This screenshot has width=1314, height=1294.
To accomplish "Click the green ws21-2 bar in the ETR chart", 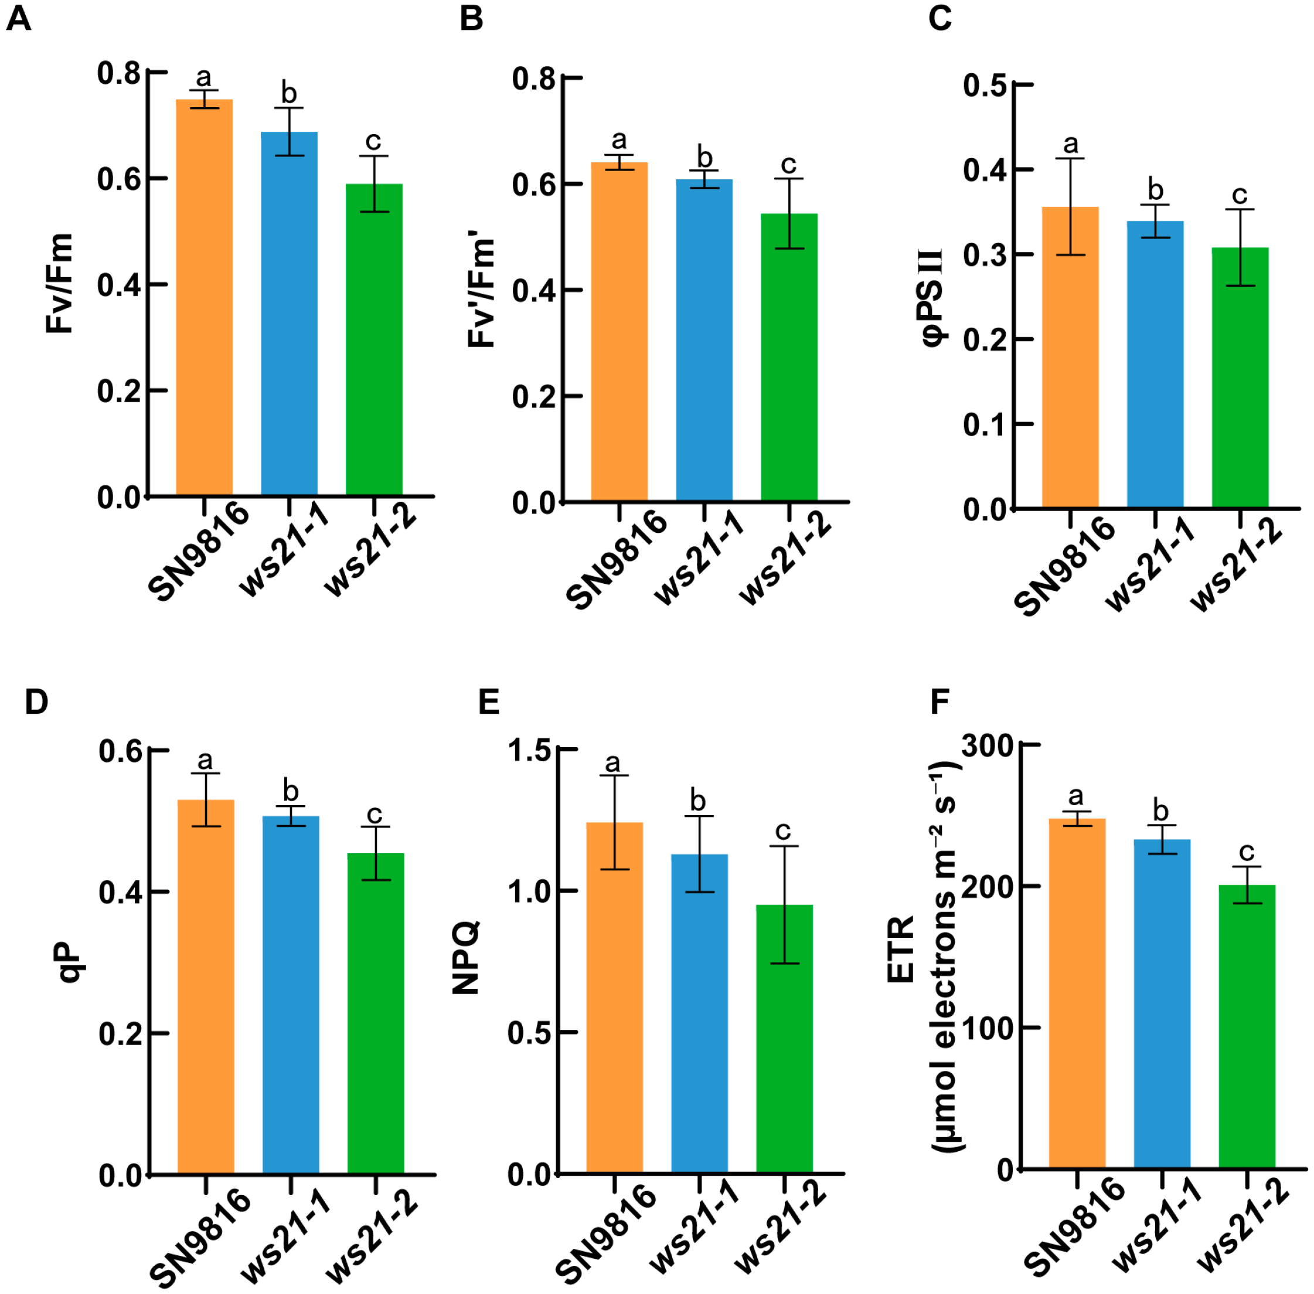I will point(1247,1026).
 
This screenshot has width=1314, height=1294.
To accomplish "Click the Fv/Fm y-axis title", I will point(60,283).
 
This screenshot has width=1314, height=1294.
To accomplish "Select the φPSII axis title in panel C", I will point(933,297).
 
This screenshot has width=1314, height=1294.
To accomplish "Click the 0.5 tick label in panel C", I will point(984,85).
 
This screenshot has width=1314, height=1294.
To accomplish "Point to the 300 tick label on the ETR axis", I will point(986,745).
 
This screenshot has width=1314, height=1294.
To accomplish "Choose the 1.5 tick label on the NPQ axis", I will point(529,750).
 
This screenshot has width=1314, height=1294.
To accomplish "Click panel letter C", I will point(939,18).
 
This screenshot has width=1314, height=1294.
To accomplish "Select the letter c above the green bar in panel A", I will point(373,141).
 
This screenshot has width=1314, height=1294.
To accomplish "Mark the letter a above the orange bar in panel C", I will point(1071,143).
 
